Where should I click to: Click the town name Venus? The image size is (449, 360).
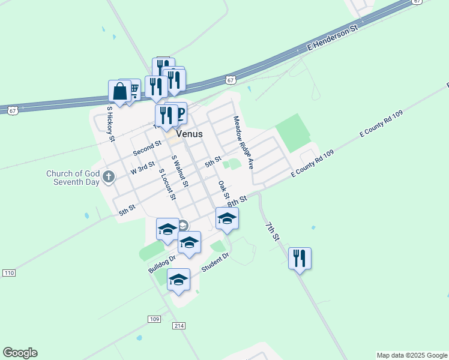point(189,134)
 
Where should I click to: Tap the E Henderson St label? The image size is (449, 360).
point(332,37)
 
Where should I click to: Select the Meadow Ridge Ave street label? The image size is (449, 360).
point(244,142)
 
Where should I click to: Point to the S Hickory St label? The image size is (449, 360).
point(110,124)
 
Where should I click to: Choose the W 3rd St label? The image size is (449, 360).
point(143,167)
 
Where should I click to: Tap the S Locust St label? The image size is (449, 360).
point(167,184)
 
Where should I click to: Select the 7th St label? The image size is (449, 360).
point(273,231)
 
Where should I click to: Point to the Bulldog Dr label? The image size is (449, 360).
point(161,264)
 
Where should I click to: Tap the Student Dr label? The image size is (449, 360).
point(215,262)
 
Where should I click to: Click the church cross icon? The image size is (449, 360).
point(108,176)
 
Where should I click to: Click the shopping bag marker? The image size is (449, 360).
point(119,92)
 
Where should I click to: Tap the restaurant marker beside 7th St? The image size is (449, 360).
point(299,258)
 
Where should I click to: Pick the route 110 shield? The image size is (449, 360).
point(8,273)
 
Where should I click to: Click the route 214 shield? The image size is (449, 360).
point(179,325)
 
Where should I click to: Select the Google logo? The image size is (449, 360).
point(20,353)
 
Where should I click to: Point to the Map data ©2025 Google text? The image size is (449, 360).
point(411,355)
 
